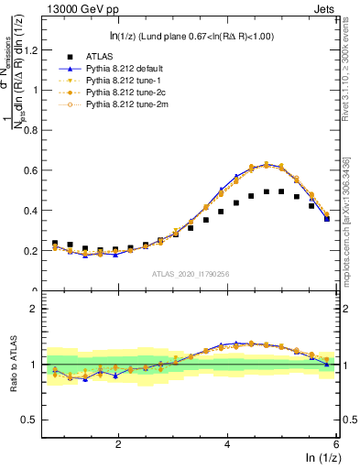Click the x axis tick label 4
point(227,443)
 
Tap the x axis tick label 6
point(335,443)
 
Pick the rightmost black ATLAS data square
point(326,218)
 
